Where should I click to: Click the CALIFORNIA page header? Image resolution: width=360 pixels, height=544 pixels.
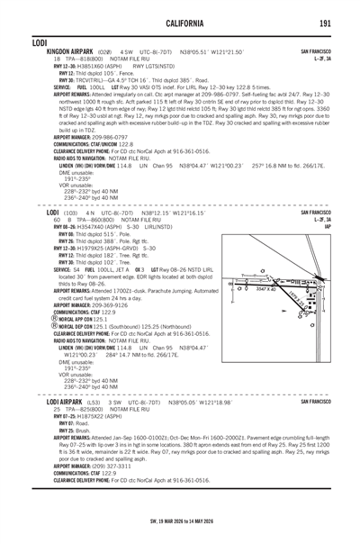point(180,24)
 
